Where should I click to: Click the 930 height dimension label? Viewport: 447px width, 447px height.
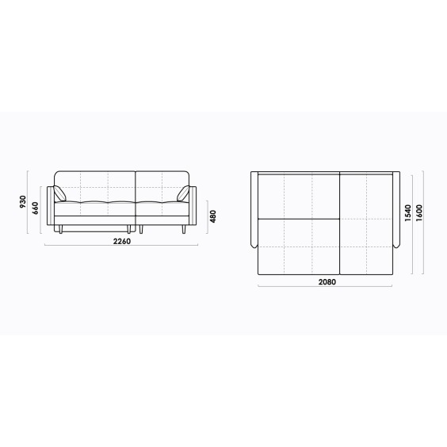coord(23,202)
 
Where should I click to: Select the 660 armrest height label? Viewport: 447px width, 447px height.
coord(35,208)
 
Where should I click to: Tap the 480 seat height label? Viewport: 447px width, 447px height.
coord(213,216)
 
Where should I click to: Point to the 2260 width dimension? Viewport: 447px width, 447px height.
coord(122,241)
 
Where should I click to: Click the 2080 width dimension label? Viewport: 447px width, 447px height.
coord(327,282)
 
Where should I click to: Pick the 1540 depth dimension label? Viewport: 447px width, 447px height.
coord(408,213)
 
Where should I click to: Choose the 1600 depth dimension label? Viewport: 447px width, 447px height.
coord(419,213)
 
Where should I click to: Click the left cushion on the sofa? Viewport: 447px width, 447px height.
coord(59,193)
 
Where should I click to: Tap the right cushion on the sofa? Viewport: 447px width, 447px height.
coord(183,193)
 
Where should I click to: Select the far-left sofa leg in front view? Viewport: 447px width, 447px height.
coord(61,229)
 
